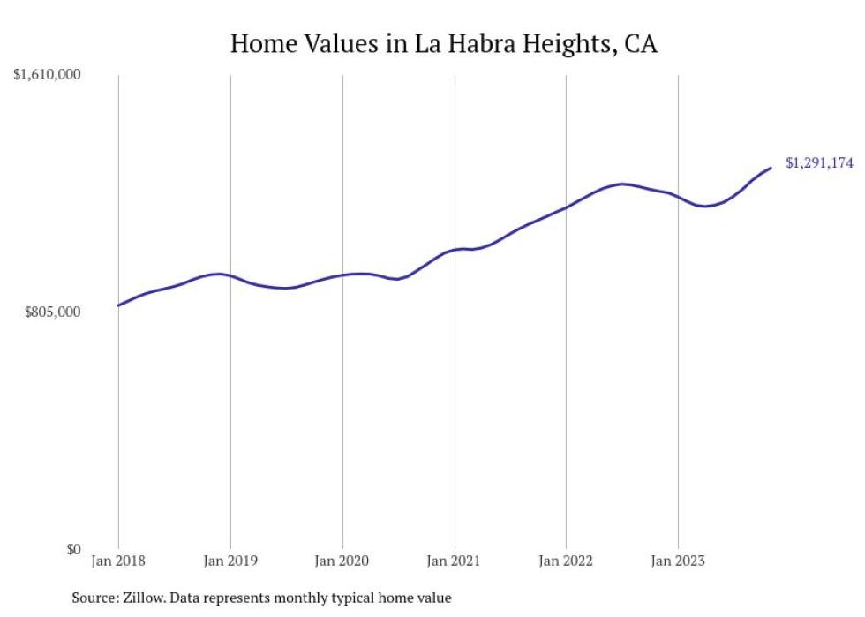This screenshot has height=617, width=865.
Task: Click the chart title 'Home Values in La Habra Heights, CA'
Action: click(x=443, y=43)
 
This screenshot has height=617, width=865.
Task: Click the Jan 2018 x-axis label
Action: click(x=118, y=561)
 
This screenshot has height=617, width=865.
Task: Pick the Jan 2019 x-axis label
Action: click(x=230, y=561)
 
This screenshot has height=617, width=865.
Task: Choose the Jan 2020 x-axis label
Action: click(x=342, y=561)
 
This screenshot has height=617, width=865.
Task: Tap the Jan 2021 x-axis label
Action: click(x=455, y=561)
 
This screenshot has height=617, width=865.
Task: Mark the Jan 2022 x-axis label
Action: click(x=566, y=561)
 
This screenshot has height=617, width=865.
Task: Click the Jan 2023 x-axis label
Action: click(x=678, y=561)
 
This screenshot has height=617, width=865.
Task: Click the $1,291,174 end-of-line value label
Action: click(x=819, y=162)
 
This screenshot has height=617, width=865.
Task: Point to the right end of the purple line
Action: click(x=771, y=168)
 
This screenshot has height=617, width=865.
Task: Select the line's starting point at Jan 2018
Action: click(x=118, y=305)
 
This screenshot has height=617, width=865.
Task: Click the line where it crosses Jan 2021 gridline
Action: click(x=455, y=250)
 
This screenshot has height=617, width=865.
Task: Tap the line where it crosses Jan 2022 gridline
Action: click(x=566, y=207)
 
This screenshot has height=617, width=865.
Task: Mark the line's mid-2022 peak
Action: click(x=622, y=184)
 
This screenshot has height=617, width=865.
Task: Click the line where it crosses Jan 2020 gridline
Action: click(x=342, y=275)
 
